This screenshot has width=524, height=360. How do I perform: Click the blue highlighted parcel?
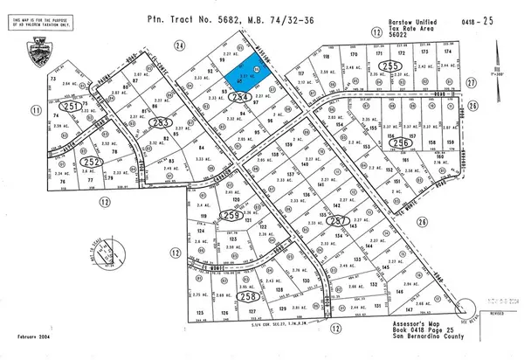(x=252, y=68)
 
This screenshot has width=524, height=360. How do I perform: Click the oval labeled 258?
(x=250, y=297)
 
